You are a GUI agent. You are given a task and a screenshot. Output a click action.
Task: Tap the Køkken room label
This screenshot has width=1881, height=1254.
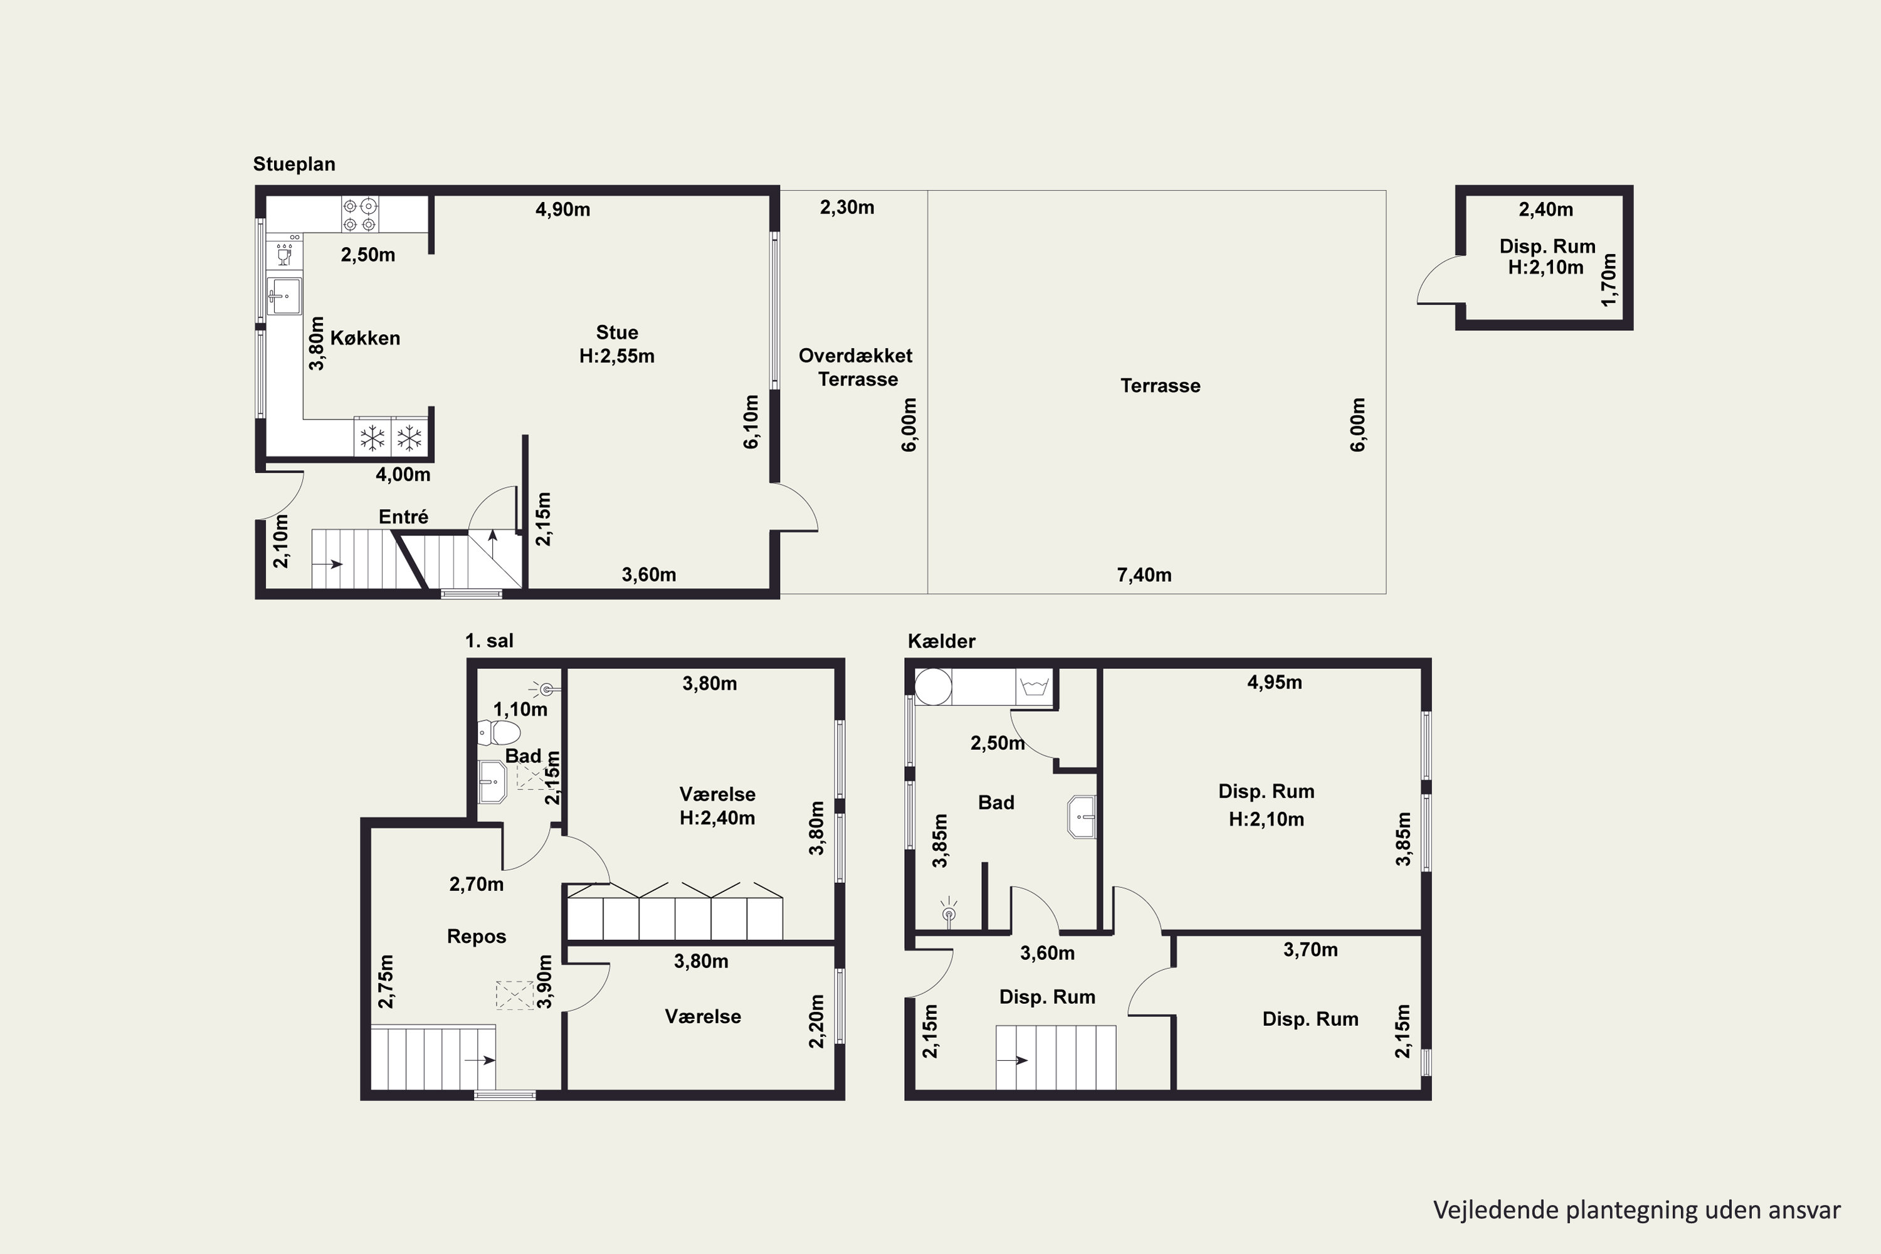pyautogui.click(x=366, y=339)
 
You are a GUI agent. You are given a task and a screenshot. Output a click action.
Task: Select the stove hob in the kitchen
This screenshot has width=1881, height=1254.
pyautogui.click(x=359, y=214)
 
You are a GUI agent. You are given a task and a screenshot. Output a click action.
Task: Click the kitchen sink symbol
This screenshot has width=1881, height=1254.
pyautogui.click(x=284, y=296)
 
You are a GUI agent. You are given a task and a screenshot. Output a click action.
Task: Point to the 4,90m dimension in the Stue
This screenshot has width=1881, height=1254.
pyautogui.click(x=563, y=209)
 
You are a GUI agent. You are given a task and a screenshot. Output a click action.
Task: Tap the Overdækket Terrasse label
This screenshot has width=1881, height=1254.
pyautogui.click(x=856, y=367)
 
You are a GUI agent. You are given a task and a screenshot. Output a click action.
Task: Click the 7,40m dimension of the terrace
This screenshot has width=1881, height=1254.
pyautogui.click(x=1144, y=575)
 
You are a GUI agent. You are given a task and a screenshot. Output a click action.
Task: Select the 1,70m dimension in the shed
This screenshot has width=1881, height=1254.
pyautogui.click(x=1609, y=280)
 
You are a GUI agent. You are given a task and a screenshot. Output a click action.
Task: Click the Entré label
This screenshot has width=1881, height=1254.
pyautogui.click(x=404, y=517)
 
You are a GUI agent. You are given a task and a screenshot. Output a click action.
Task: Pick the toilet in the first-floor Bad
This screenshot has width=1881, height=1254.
pyautogui.click(x=499, y=732)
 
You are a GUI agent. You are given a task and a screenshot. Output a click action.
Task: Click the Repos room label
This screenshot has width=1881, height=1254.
pyautogui.click(x=477, y=937)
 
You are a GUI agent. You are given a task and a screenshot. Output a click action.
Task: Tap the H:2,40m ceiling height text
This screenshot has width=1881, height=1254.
pyautogui.click(x=717, y=818)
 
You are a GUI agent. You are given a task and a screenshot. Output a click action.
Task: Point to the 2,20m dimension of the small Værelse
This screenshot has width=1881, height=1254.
pyautogui.click(x=816, y=1021)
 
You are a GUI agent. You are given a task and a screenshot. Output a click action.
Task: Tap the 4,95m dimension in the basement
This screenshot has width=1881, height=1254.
pyautogui.click(x=1275, y=683)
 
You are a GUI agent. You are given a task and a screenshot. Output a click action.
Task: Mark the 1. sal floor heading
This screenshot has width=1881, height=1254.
pyautogui.click(x=490, y=641)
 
